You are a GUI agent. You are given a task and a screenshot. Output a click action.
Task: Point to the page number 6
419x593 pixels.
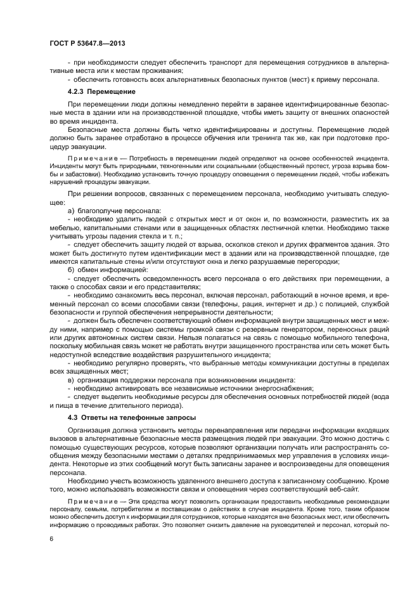[x=51, y=539]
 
